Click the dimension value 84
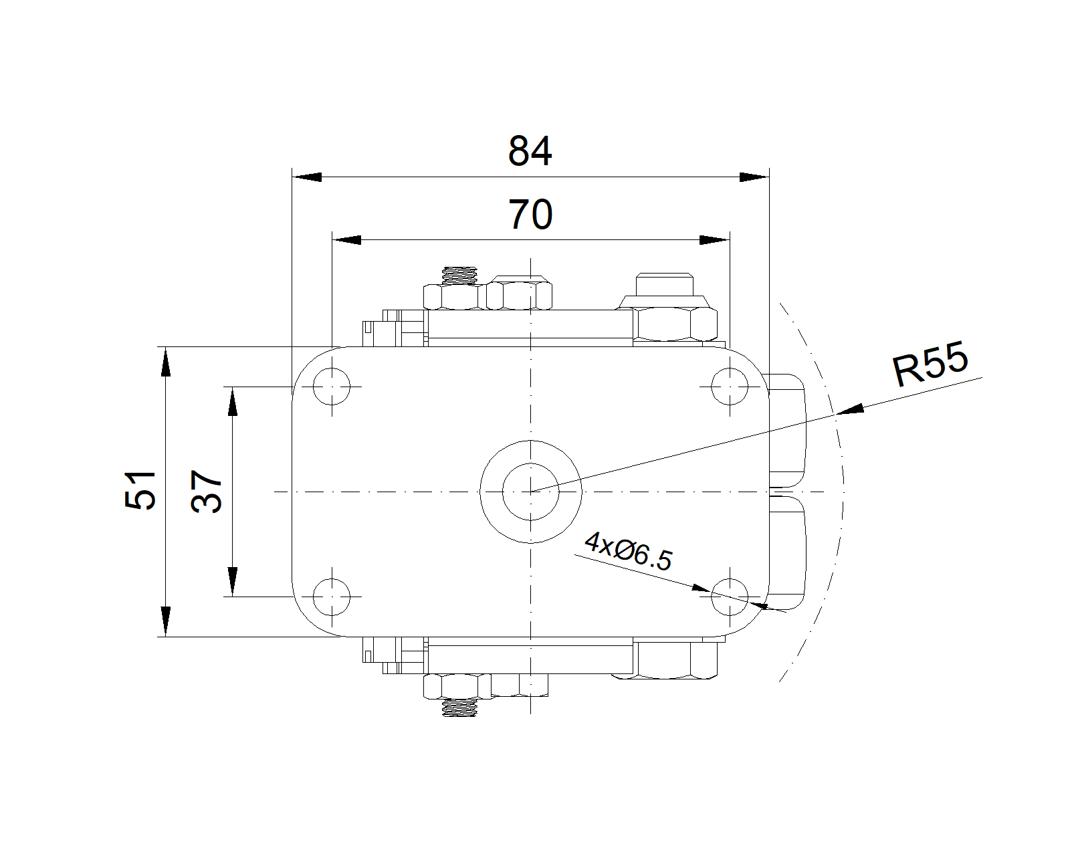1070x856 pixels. [x=530, y=150]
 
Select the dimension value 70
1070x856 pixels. [x=530, y=215]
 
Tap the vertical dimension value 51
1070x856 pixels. [x=140, y=490]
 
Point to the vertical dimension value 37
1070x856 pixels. [x=206, y=492]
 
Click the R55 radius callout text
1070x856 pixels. [x=930, y=364]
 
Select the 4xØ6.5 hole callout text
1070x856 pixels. [x=629, y=551]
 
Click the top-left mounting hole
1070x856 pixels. [x=332, y=387]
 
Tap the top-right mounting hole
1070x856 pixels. [x=730, y=387]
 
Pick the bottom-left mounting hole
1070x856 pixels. [x=332, y=597]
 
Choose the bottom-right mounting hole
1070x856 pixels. [x=730, y=597]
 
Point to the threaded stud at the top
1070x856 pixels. [x=459, y=276]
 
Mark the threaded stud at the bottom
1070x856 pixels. [x=459, y=708]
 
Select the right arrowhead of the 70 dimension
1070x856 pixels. [x=714, y=239]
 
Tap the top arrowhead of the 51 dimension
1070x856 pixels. [x=166, y=362]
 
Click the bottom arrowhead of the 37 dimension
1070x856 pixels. [x=232, y=581]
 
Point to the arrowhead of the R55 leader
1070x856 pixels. [x=850, y=409]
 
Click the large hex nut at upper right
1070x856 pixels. [x=675, y=324]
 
